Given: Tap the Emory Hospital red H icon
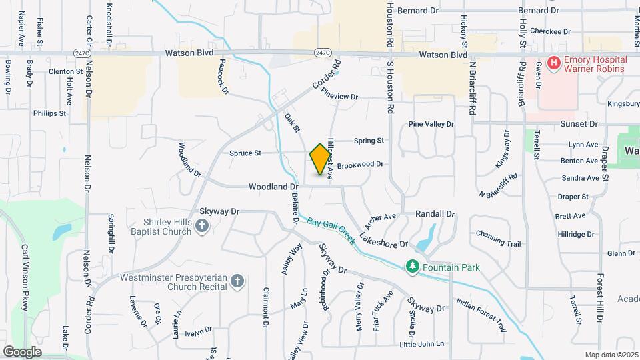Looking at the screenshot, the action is [553, 63].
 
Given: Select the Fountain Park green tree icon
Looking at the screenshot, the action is [413, 267].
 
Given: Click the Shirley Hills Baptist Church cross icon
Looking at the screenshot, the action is [202, 227].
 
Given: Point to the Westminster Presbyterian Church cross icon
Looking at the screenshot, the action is [237, 282].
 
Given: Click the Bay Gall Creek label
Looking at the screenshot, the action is [333, 229].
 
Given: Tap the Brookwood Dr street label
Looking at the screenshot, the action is [360, 164].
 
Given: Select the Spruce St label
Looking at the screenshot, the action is [245, 153].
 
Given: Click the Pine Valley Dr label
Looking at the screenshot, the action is [431, 124].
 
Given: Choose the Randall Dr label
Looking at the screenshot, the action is [435, 214].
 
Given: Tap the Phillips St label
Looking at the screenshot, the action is [50, 113].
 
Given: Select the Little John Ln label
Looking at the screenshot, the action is [421, 344].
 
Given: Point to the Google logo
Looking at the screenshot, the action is [23, 351].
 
